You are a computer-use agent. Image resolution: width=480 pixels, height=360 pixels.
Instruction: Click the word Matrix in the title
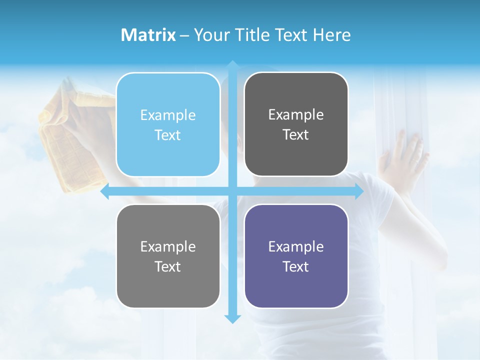pos(148,35)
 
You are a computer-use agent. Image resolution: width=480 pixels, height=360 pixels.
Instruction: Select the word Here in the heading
pos(331,35)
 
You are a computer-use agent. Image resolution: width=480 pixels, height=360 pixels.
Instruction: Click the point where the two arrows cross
pos(232,191)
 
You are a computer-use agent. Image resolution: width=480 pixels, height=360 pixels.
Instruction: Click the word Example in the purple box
pos(296,246)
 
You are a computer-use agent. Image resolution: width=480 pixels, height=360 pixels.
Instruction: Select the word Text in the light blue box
pos(168,135)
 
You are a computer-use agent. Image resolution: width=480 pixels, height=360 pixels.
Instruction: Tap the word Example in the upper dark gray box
pos(296,115)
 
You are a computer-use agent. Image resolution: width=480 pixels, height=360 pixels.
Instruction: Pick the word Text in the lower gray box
pos(168,266)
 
